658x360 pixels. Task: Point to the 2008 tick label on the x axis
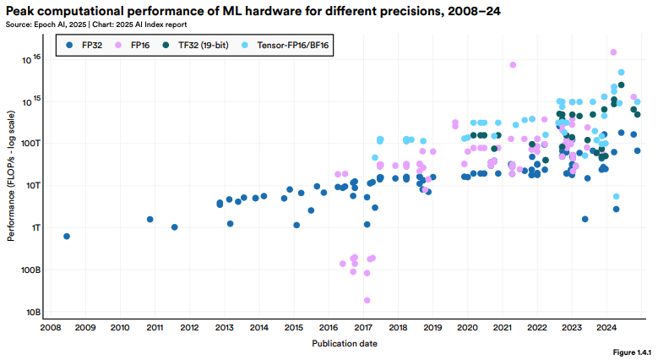(50, 327)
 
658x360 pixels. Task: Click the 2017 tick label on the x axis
(362, 327)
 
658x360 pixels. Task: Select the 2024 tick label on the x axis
(606, 327)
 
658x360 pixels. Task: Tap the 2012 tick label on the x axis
(188, 327)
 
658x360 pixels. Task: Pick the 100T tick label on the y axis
(30, 143)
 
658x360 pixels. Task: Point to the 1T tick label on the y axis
(34, 227)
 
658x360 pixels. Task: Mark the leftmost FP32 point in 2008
(67, 237)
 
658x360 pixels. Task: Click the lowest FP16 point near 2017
(367, 300)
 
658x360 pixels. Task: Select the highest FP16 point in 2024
(613, 52)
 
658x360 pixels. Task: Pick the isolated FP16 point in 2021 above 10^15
(513, 65)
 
